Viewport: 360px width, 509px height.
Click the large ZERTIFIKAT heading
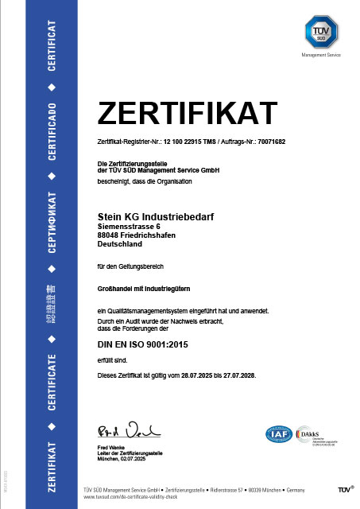[x=187, y=112]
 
